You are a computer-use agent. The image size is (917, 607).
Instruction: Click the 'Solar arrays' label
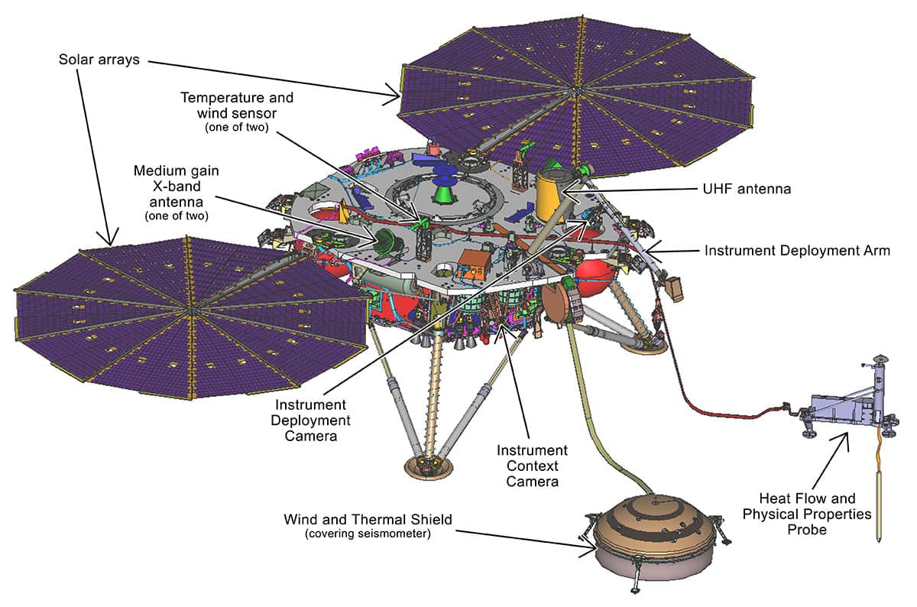coord(99,59)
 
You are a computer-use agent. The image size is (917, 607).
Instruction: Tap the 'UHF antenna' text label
coord(748,188)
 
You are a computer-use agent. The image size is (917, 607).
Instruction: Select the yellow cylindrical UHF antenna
coord(548,196)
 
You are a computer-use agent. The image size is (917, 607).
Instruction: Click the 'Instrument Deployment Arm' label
coord(797,250)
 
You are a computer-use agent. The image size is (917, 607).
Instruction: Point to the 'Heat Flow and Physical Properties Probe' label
coord(806,514)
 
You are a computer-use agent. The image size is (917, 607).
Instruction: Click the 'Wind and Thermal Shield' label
coord(368,520)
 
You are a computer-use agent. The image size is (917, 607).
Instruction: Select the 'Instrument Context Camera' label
coord(532,466)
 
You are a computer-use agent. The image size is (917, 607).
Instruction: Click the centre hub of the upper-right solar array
coord(572,91)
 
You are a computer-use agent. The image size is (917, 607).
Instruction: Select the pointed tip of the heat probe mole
coord(882,540)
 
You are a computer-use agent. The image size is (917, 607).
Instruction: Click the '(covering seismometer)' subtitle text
coord(368,534)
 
